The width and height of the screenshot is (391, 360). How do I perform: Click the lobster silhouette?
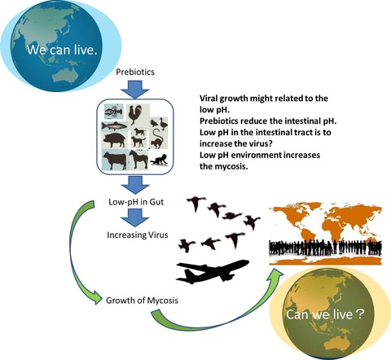pos(114,112)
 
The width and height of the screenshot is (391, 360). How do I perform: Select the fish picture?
pos(114,126)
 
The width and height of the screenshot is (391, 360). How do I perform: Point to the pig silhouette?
pos(114,140)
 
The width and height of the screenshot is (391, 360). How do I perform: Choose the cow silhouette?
pos(114,160)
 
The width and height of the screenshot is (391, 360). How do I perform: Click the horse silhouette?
pos(138,160)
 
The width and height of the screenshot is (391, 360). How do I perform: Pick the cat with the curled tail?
pos(157,138)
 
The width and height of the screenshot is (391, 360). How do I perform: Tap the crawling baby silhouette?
pos(160,160)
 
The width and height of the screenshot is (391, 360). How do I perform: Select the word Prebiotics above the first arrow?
pos(135,72)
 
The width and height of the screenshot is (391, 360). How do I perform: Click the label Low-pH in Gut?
pos(136,202)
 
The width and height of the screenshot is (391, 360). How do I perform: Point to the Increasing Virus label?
pos(138,235)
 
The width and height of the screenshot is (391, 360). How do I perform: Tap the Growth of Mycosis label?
pos(142,301)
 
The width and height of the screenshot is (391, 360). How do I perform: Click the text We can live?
pos(62,50)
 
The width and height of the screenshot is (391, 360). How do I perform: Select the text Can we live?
pos(325,314)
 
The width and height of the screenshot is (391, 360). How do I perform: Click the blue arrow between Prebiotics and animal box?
pos(135,90)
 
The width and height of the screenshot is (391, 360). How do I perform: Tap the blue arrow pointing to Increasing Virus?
pos(135,218)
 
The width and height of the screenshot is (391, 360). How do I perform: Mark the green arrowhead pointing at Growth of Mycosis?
pos(97,297)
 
